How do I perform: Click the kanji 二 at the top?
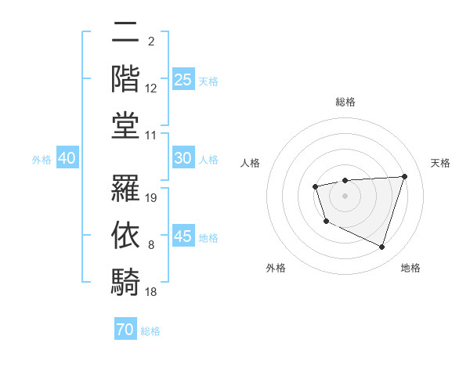tap(125, 34)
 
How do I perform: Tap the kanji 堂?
tap(125, 125)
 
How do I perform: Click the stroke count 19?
tap(152, 197)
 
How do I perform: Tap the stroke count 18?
tap(152, 291)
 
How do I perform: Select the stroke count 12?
tap(151, 88)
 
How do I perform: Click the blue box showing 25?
tap(183, 80)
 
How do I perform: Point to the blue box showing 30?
tap(183, 158)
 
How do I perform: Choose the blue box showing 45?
tap(183, 236)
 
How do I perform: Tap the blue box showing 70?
tap(125, 330)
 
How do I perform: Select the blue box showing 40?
tap(67, 158)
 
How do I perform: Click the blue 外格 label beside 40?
tap(42, 160)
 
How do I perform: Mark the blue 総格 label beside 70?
tap(150, 331)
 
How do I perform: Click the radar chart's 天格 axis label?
tap(440, 163)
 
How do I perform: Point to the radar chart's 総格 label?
tap(345, 102)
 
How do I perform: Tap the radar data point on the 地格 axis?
tap(382, 247)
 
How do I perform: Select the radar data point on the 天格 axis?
tap(404, 176)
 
